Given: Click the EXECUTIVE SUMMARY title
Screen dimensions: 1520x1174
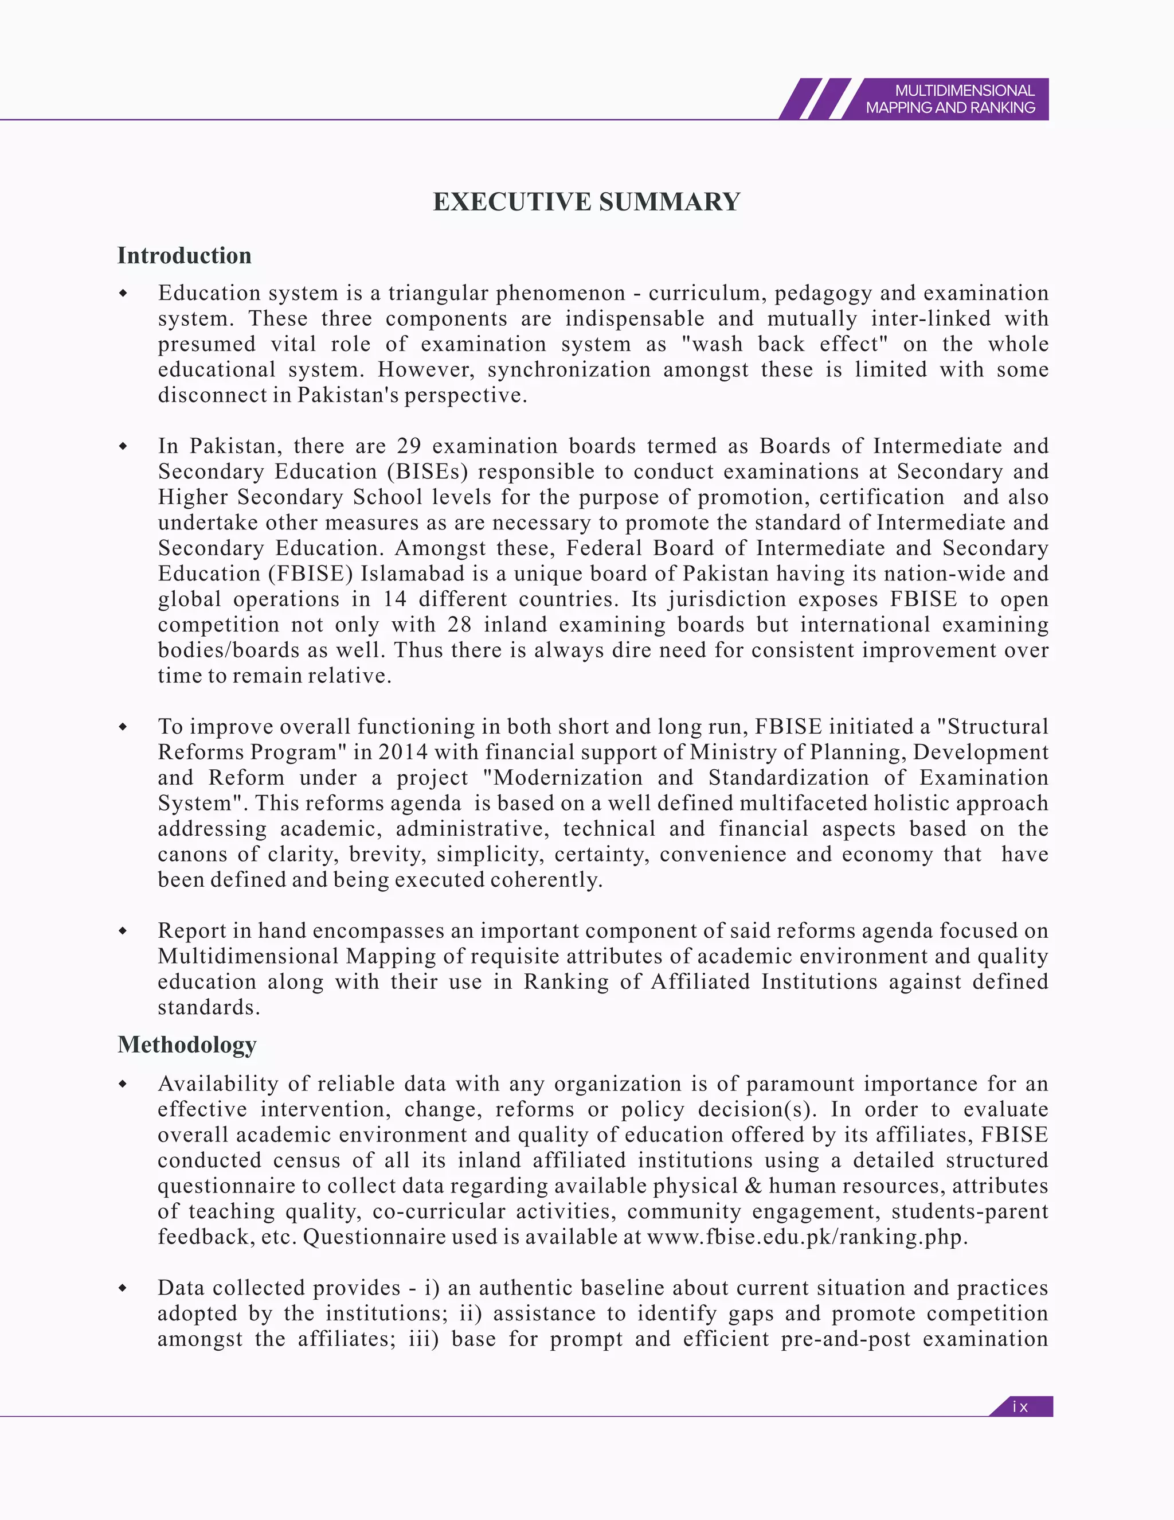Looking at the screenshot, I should pos(586,202).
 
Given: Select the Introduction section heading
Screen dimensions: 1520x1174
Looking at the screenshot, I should pos(185,255).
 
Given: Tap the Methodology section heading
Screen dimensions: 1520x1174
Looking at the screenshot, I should pos(187,1044).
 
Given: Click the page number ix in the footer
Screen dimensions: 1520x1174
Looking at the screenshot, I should pos(1020,1406).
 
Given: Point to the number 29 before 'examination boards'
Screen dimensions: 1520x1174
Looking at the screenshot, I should pos(408,446).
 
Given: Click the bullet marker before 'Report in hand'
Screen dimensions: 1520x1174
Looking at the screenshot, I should pos(123,930).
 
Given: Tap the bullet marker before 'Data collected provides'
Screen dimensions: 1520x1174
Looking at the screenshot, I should pos(123,1288).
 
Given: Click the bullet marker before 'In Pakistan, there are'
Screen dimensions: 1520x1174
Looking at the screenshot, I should pos(123,446).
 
